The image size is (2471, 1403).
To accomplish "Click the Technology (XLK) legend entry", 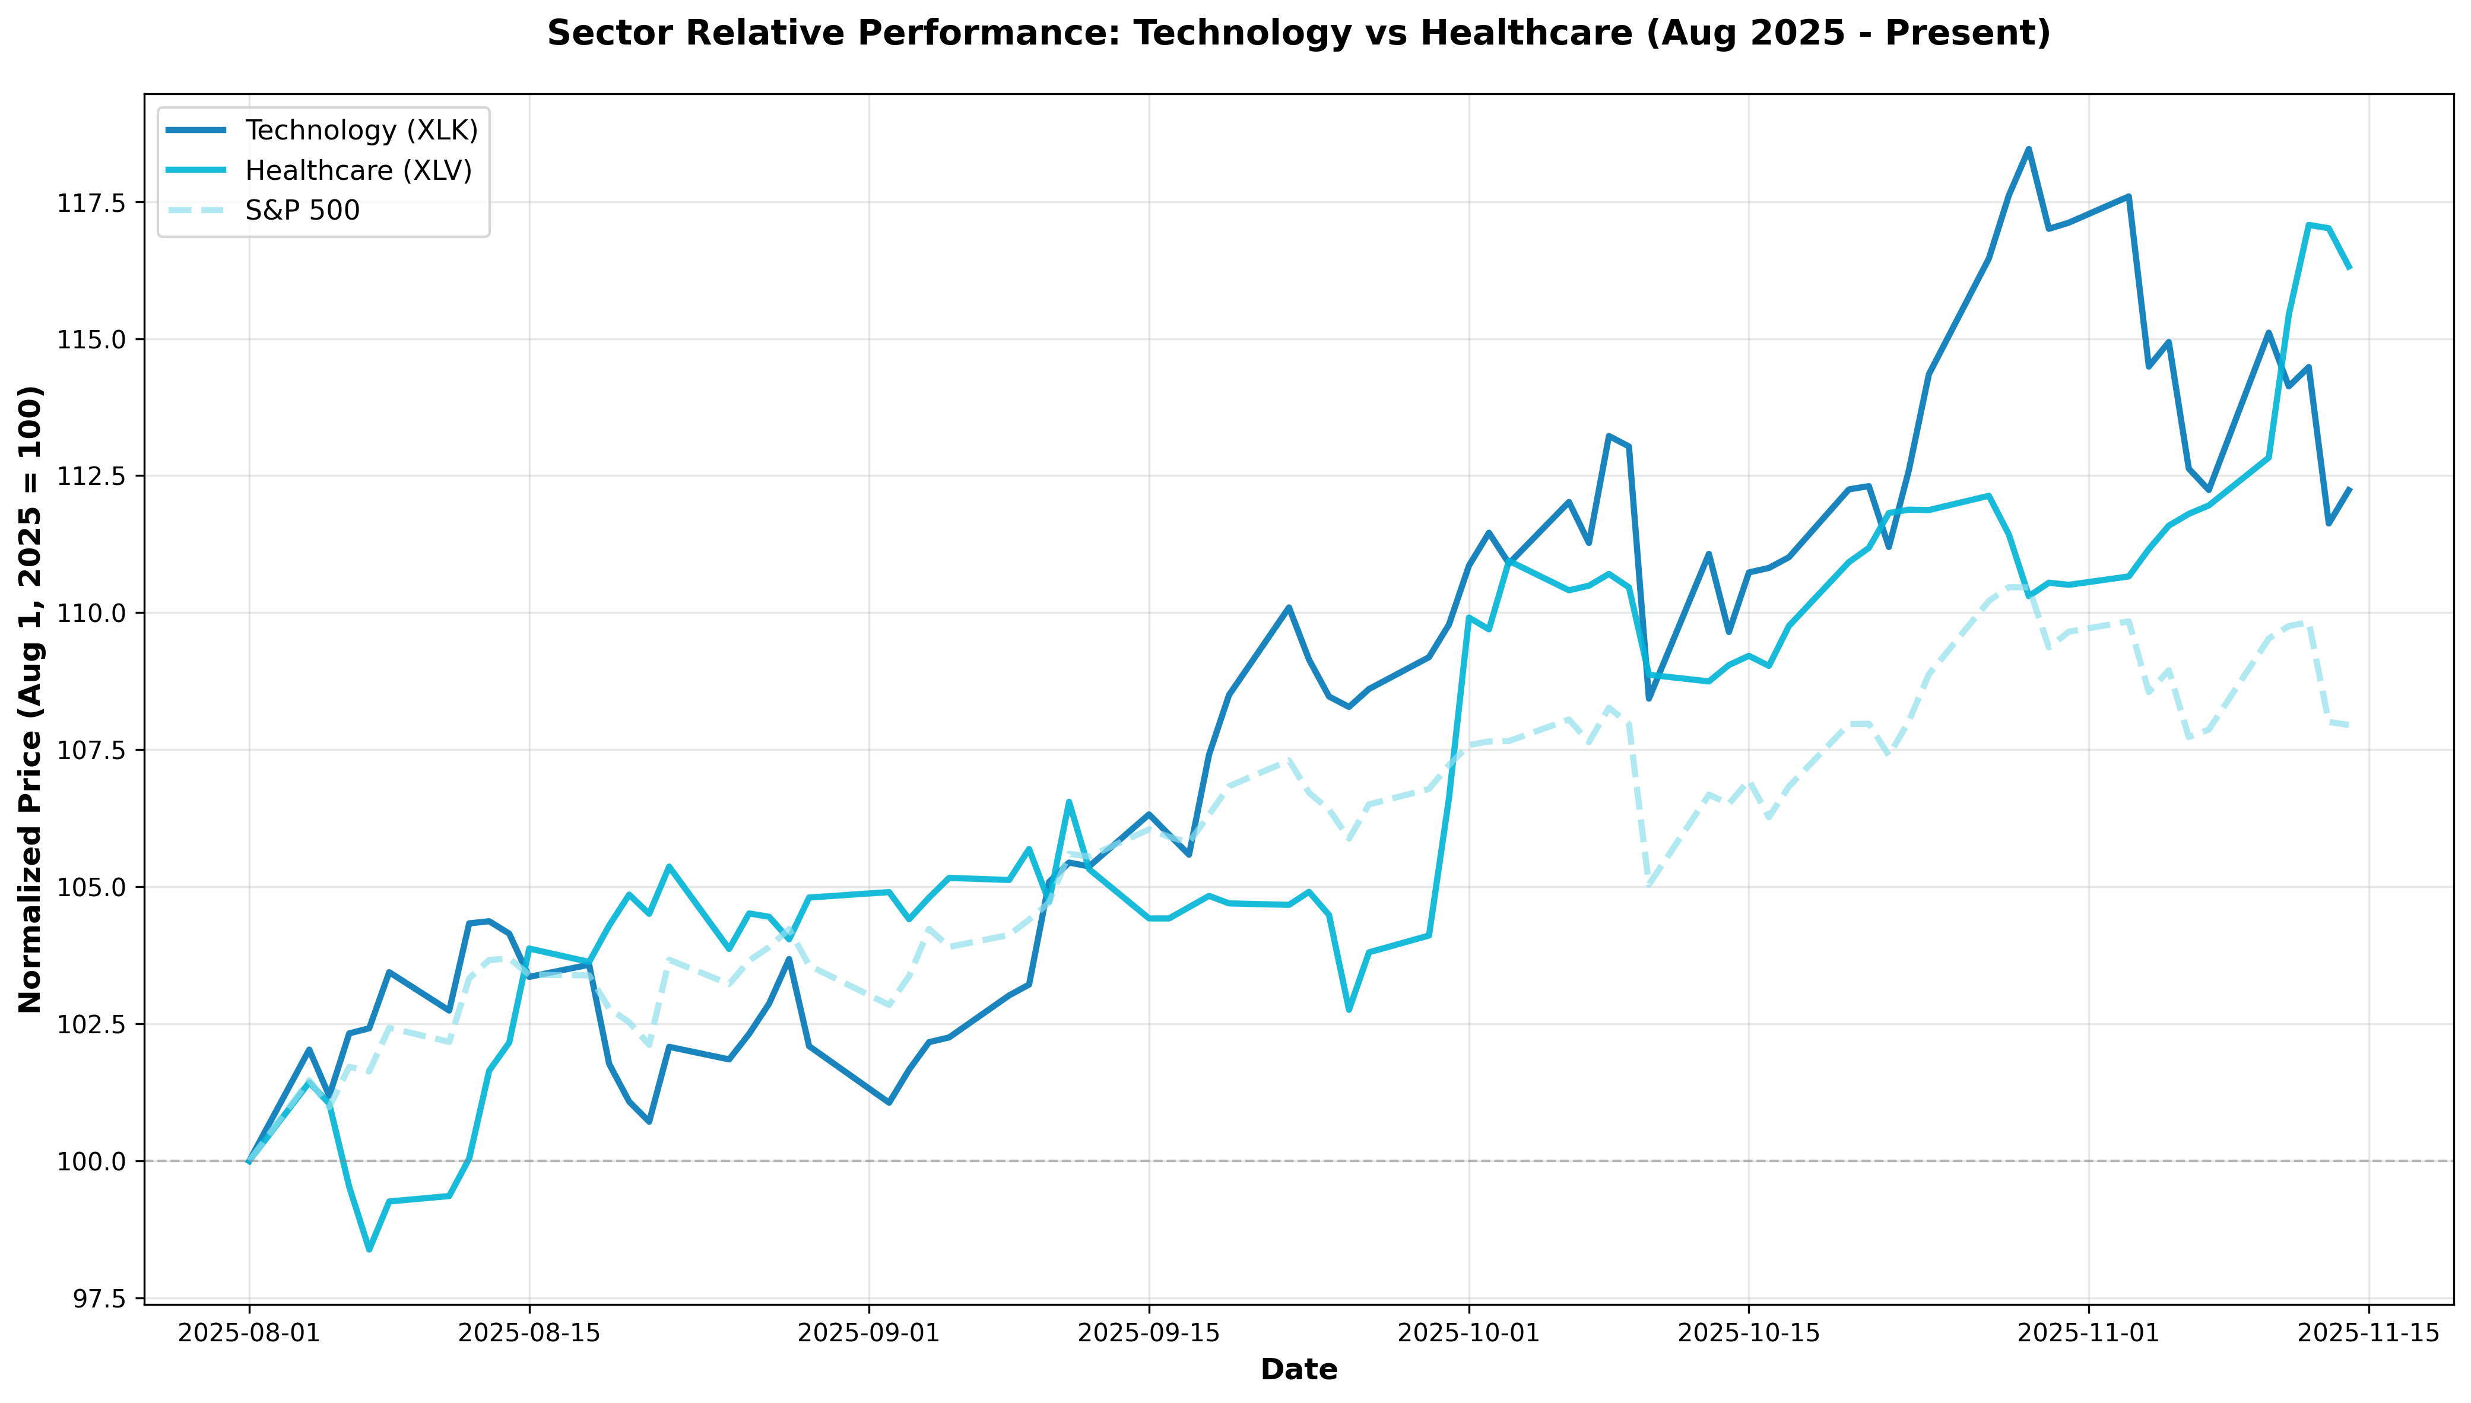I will point(361,130).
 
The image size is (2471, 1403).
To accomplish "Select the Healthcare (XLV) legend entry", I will point(359,170).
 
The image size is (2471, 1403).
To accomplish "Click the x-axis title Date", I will point(1298,1369).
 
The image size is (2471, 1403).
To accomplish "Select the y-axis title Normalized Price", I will point(31,699).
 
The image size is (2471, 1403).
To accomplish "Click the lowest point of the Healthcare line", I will point(369,1250).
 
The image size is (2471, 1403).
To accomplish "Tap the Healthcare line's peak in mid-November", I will point(2309,224).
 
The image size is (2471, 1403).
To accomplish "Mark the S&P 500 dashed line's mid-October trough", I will point(1649,884).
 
